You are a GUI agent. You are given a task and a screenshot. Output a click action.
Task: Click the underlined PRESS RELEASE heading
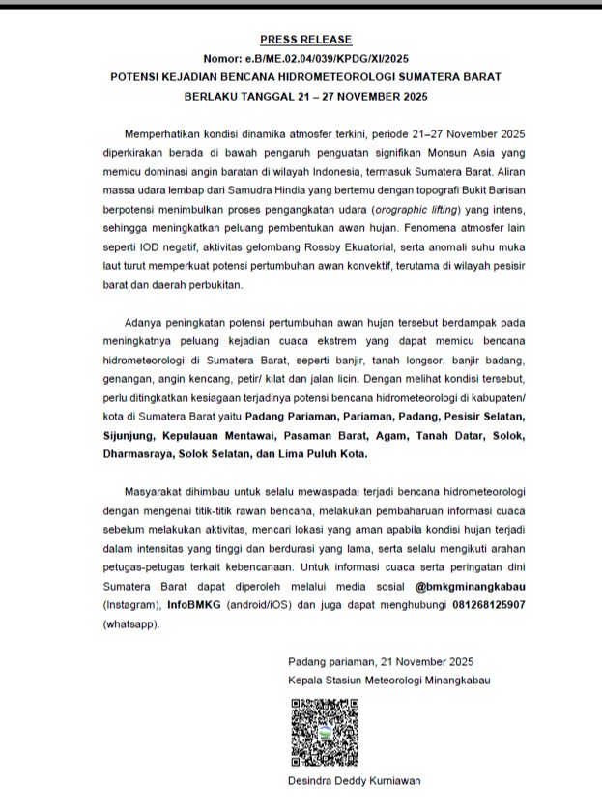[305, 39]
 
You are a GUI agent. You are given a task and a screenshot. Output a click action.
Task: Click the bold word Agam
[382, 434]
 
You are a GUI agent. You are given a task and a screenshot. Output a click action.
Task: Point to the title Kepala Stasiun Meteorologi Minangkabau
[388, 680]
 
